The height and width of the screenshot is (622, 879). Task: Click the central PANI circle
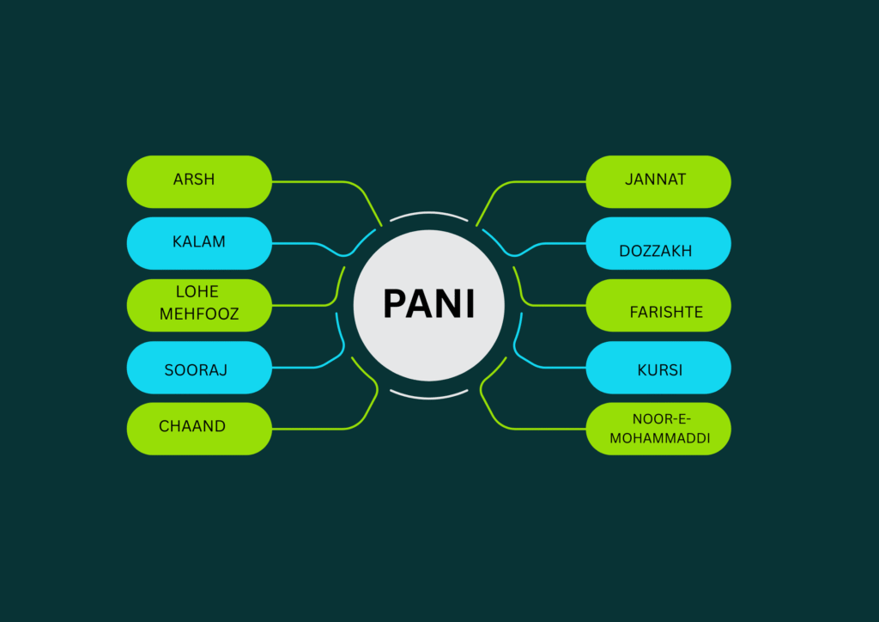click(428, 305)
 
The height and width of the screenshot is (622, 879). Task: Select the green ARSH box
click(199, 181)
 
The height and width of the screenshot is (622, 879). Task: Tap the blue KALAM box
click(199, 243)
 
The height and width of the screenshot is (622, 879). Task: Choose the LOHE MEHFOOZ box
click(199, 305)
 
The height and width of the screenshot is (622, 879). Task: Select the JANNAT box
click(658, 181)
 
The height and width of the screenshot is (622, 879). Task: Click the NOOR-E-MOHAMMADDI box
click(658, 429)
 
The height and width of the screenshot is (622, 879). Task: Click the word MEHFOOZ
click(199, 315)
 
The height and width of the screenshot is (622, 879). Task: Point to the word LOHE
click(197, 292)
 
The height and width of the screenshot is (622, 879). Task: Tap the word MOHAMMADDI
click(660, 438)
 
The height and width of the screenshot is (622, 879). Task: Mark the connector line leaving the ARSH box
click(309, 181)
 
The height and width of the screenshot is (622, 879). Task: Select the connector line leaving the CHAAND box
click(309, 429)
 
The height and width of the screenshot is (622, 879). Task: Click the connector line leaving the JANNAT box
click(549, 181)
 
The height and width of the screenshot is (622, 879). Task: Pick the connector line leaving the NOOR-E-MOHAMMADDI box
click(549, 429)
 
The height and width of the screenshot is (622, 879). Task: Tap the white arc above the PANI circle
click(428, 212)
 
